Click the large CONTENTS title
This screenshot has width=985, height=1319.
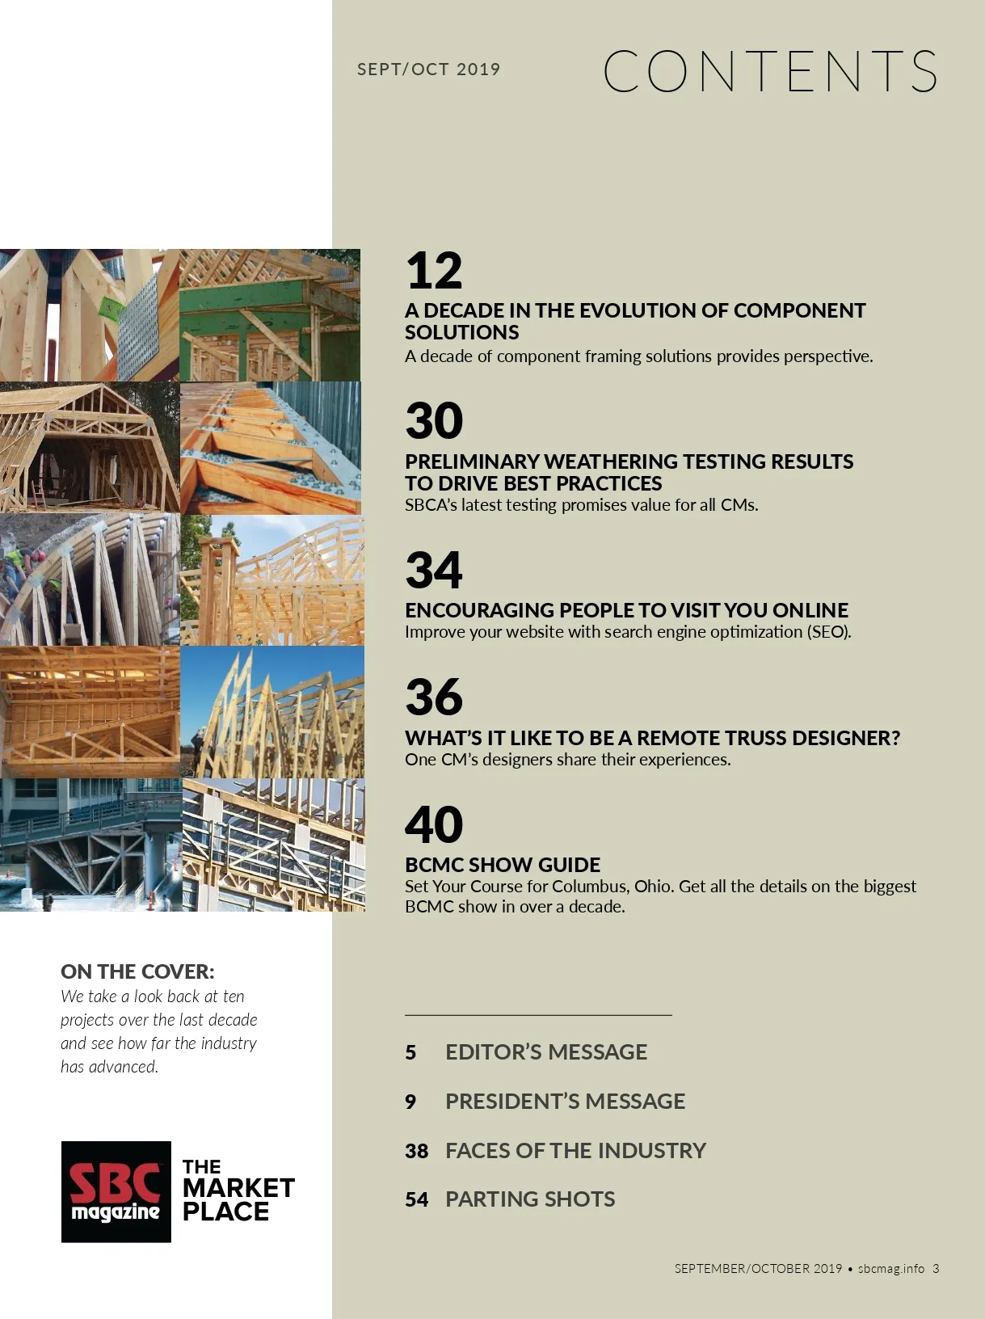click(x=770, y=71)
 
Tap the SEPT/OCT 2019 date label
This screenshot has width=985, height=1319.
click(x=428, y=70)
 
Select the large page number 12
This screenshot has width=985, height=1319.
click(x=434, y=271)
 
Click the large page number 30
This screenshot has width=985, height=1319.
click(x=434, y=421)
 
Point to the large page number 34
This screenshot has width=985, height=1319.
click(x=434, y=571)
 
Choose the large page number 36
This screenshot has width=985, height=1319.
click(x=434, y=697)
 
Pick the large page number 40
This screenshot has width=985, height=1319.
click(x=434, y=824)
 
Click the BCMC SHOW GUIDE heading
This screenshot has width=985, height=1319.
click(x=503, y=865)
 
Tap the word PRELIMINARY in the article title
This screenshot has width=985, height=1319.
click(x=472, y=461)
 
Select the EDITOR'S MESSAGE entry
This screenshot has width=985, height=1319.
click(x=546, y=1052)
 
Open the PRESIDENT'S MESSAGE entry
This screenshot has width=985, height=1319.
click(x=565, y=1102)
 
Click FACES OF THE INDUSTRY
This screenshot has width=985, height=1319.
click(x=575, y=1151)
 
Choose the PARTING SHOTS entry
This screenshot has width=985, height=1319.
click(x=530, y=1199)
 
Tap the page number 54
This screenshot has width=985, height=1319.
click(x=416, y=1200)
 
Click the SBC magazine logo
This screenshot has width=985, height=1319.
click(x=116, y=1192)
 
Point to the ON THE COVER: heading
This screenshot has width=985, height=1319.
click(x=137, y=971)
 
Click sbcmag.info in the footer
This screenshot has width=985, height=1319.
click(x=891, y=1269)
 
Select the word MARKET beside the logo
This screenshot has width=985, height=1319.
click(x=238, y=1188)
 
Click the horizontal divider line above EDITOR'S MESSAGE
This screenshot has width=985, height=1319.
click(x=538, y=1014)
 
